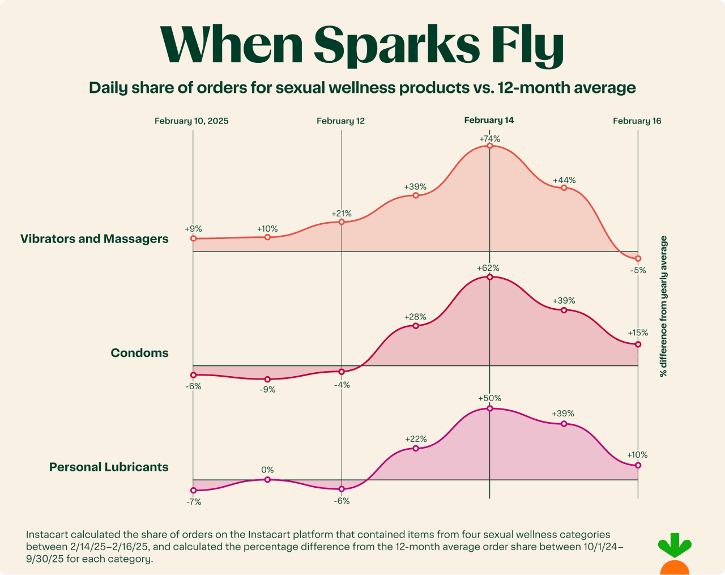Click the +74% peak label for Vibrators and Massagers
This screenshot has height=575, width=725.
489,139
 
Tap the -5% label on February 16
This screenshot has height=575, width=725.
638,270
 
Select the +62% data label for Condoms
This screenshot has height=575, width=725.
489,268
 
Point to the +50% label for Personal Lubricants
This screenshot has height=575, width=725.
489,398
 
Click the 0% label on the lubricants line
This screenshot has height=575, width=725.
267,470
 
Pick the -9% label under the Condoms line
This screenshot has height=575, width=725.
267,389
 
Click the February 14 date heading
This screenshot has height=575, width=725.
489,120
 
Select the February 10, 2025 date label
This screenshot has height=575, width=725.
191,121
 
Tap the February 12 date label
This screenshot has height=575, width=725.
340,121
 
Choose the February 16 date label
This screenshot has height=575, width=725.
637,121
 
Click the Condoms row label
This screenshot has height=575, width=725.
139,353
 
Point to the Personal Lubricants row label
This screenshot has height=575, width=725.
109,467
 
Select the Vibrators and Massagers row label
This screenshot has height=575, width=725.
95,238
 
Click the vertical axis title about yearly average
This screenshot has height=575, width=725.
663,306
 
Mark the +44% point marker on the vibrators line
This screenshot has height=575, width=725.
564,188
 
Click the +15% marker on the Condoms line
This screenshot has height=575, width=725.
638,344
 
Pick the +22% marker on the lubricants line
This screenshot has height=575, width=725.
416,448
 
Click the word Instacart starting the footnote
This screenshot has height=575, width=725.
47,534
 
